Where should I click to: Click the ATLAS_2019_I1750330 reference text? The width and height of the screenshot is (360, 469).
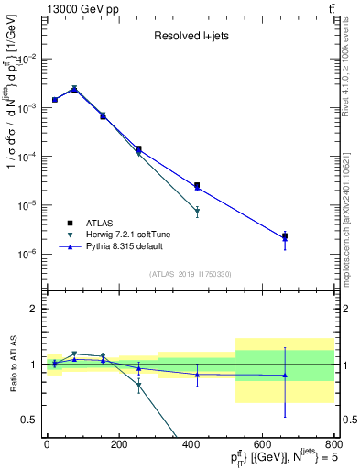point(190,274)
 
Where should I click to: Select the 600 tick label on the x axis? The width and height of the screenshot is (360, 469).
point(262,445)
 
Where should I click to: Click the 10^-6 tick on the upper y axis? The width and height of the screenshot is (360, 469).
point(29,254)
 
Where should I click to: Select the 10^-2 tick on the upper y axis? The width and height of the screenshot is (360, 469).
point(29,59)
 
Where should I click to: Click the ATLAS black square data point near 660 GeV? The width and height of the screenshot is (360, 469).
point(285,236)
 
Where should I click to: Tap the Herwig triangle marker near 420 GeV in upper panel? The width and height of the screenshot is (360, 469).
point(197,212)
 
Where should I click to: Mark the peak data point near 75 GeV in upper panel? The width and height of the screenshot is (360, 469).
point(74,89)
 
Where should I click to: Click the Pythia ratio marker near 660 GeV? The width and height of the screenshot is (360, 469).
point(285,376)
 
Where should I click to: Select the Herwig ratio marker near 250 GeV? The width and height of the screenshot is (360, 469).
point(139,386)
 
